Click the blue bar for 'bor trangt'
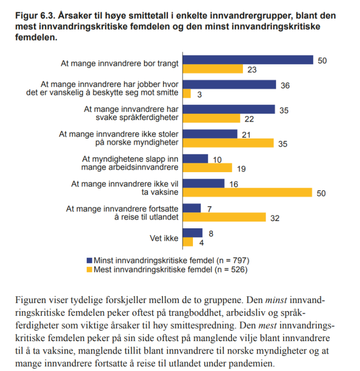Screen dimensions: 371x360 tap(248, 60)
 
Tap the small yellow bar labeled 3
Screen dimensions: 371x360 tap(187, 94)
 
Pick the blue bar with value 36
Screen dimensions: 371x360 tap(230, 85)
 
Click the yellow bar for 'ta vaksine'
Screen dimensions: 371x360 tap(248, 192)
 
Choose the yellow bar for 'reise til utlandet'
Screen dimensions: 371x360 tap(225, 217)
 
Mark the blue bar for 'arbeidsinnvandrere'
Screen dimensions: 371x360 tap(196, 159)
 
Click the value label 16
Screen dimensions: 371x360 tap(234, 183)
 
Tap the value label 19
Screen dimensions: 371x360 tap(241, 168)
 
